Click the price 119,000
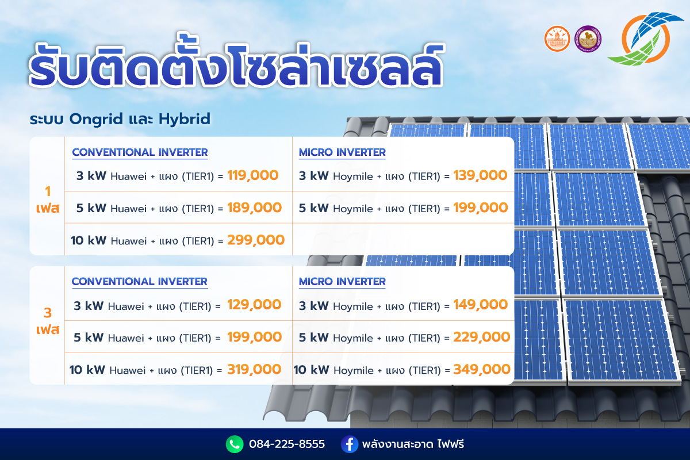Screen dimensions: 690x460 click(x=252, y=176)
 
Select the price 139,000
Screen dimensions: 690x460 click(x=480, y=176)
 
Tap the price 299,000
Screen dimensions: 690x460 click(x=256, y=240)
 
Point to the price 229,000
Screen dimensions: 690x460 click(x=481, y=338)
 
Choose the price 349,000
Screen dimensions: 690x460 click(x=482, y=369)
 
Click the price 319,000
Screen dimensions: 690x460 click(x=254, y=369)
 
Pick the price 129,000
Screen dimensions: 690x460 click(x=254, y=305)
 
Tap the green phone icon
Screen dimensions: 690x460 click(x=235, y=444)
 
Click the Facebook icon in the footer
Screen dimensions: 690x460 click(x=350, y=444)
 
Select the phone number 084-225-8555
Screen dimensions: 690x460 click(x=287, y=444)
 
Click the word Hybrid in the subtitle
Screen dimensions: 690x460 click(x=185, y=119)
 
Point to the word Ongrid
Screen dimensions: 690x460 click(x=96, y=120)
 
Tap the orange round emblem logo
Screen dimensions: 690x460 click(x=557, y=39)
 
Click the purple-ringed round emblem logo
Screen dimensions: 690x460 click(x=588, y=39)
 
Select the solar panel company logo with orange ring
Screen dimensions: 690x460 click(x=646, y=39)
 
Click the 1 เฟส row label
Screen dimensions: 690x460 click(x=47, y=200)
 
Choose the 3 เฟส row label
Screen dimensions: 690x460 click(x=47, y=321)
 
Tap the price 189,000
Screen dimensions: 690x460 click(x=254, y=208)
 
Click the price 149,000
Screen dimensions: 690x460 click(x=480, y=305)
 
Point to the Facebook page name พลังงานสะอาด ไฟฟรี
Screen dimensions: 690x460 click(x=413, y=444)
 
